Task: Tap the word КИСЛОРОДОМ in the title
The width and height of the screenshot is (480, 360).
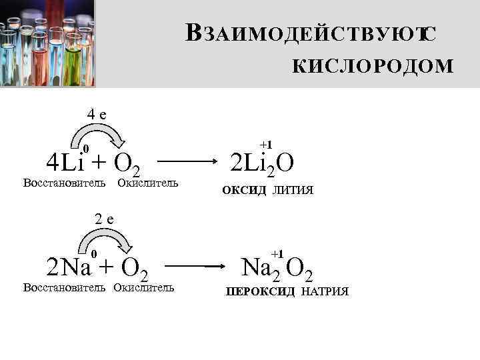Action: (373, 67)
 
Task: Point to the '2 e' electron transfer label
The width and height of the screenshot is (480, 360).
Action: (105, 218)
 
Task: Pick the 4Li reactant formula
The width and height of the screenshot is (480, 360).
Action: (63, 161)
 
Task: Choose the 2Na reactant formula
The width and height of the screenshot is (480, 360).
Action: (69, 268)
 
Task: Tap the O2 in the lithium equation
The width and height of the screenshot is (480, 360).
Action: (126, 163)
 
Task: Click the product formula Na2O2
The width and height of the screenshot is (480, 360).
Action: (277, 269)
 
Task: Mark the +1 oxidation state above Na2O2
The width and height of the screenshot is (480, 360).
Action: (278, 253)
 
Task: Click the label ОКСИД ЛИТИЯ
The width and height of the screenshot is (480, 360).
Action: (267, 191)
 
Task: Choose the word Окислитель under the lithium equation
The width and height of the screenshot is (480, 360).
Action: (147, 183)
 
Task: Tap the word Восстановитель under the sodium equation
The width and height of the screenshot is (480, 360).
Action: (65, 288)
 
